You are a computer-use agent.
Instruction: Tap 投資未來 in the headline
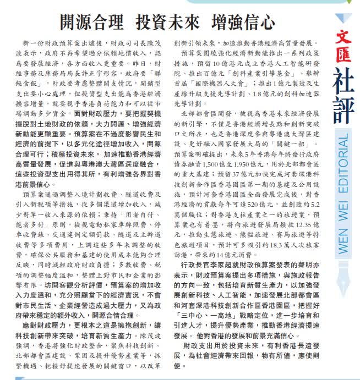(168, 23)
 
